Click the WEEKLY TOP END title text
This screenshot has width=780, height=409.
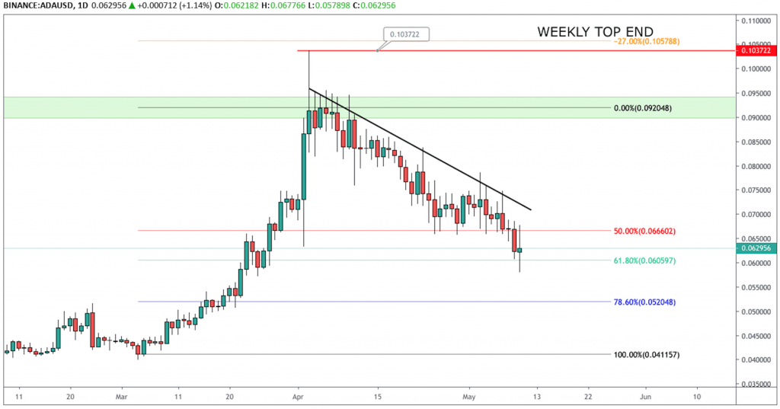point(595,32)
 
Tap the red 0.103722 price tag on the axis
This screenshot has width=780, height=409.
point(754,50)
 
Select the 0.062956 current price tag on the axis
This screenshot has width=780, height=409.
point(754,248)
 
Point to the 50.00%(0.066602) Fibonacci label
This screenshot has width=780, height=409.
point(645,231)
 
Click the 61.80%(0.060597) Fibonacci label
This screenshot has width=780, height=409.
point(645,260)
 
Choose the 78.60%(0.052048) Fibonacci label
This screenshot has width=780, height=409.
point(645,302)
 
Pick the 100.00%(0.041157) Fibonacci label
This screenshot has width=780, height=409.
point(646,355)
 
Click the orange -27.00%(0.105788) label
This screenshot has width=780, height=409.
point(646,41)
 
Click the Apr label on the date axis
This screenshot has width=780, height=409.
point(299,397)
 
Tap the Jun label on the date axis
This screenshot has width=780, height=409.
point(645,397)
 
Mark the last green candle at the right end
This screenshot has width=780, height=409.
point(519,250)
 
